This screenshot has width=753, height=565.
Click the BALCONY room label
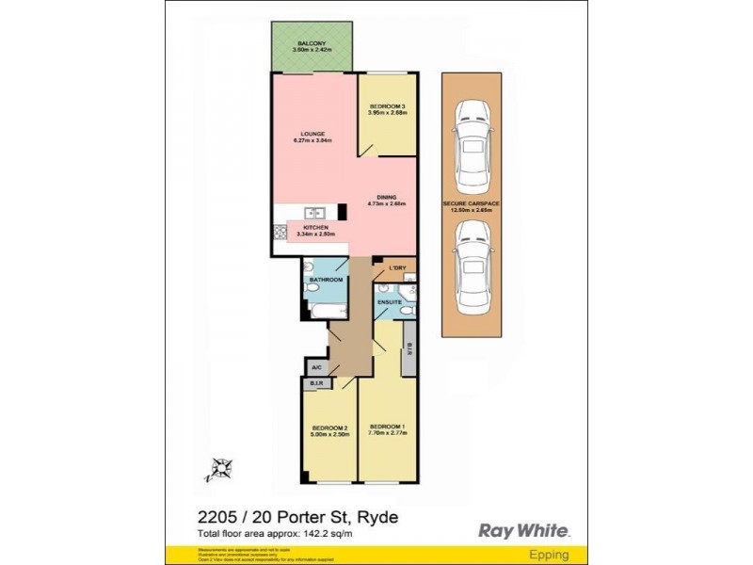pos(311,44)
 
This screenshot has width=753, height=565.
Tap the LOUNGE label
pos(312,135)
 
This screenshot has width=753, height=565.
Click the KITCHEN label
pos(311,228)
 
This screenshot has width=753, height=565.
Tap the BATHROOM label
pos(326,281)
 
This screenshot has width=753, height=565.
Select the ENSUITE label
pos(390,302)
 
